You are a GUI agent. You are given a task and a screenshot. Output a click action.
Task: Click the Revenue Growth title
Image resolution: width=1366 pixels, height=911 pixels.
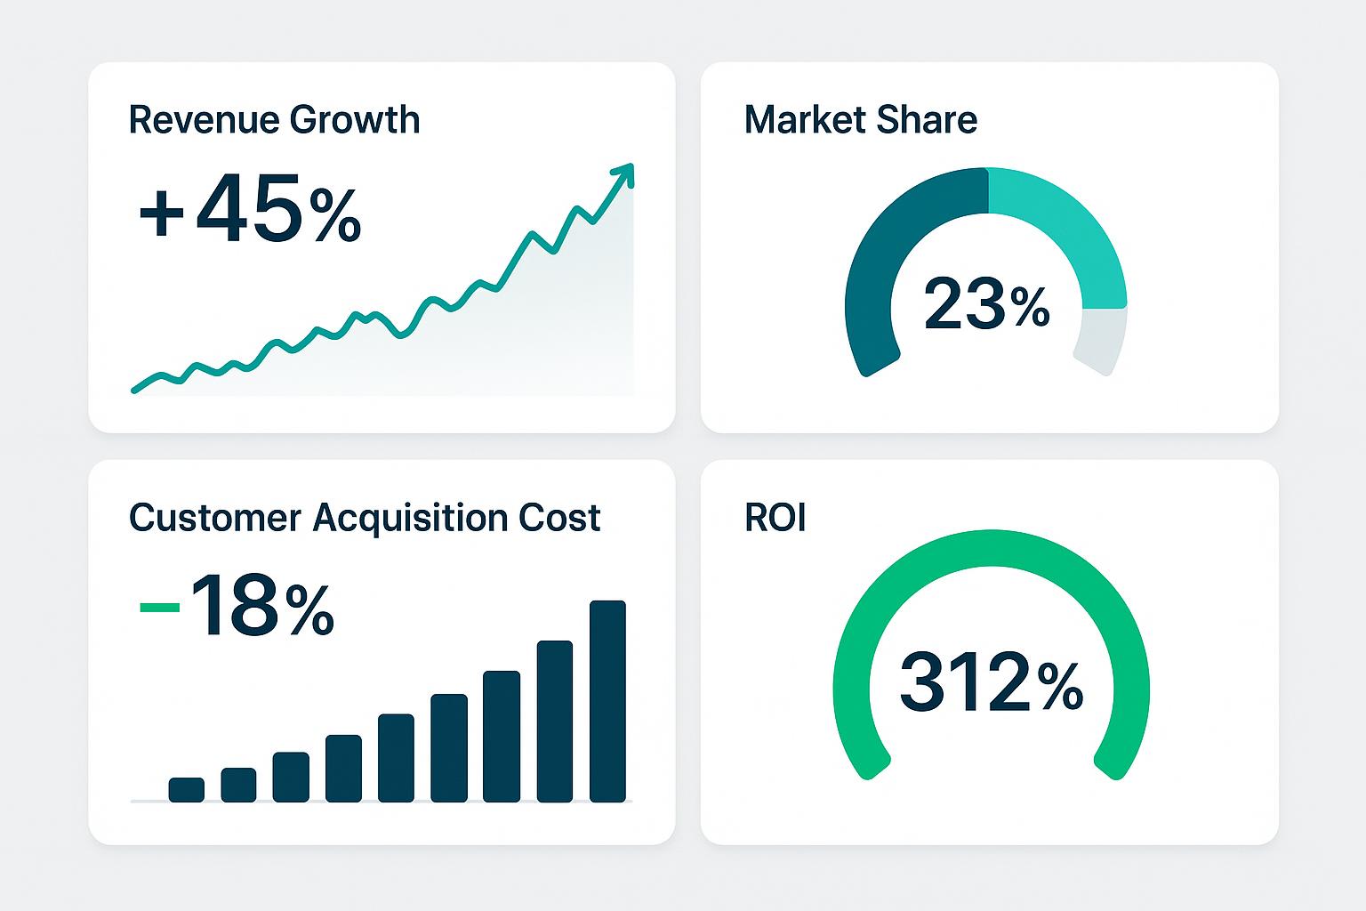[x=274, y=120]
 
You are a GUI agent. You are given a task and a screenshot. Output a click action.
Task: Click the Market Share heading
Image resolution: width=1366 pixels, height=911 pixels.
[x=860, y=120]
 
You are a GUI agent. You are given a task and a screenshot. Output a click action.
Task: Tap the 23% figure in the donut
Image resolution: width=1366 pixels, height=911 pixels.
[x=986, y=304]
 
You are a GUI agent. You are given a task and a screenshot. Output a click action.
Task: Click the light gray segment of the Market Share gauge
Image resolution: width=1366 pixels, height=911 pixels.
[x=1101, y=341]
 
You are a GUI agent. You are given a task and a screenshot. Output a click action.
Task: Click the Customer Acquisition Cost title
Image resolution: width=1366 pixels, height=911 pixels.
[x=365, y=517]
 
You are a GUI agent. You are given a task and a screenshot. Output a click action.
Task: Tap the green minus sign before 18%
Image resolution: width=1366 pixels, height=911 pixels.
[x=160, y=607]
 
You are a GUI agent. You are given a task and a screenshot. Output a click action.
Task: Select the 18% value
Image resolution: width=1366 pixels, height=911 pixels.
[x=262, y=607]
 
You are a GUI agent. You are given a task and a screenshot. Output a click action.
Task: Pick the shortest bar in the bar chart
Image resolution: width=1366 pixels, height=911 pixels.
[x=186, y=789]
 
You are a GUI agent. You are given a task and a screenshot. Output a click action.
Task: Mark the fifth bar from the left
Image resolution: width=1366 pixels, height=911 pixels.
[x=396, y=757]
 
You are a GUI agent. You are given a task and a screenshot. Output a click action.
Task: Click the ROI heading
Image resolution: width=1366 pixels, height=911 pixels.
[x=775, y=518]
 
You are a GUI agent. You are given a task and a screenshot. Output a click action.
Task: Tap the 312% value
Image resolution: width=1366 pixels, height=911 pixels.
[x=991, y=685]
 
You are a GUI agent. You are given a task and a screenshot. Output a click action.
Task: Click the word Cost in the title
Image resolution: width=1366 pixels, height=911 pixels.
[x=563, y=517]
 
